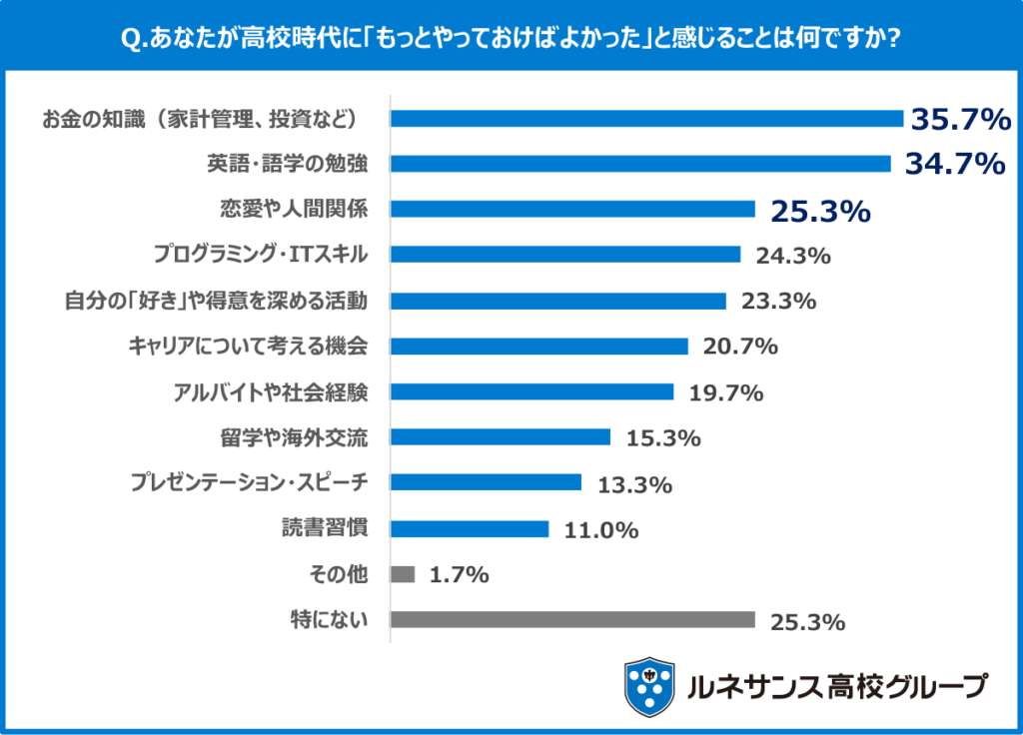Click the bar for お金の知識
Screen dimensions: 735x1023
click(x=646, y=119)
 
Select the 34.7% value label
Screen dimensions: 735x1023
click(x=954, y=164)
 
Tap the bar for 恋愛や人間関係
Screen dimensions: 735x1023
click(x=572, y=209)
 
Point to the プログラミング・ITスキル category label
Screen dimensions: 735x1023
click(x=261, y=255)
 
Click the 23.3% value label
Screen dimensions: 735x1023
click(x=779, y=301)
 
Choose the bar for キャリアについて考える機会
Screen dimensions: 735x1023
click(x=539, y=347)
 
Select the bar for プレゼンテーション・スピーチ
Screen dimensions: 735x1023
click(x=486, y=483)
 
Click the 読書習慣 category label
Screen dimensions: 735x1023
click(x=324, y=529)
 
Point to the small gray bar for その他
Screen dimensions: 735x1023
click(x=403, y=574)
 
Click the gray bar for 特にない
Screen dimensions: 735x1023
click(x=572, y=620)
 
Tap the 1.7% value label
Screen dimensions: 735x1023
click(x=459, y=575)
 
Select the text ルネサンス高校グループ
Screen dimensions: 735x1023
click(x=837, y=687)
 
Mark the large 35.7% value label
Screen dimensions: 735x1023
click(x=960, y=120)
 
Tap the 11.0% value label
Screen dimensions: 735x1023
click(x=601, y=530)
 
